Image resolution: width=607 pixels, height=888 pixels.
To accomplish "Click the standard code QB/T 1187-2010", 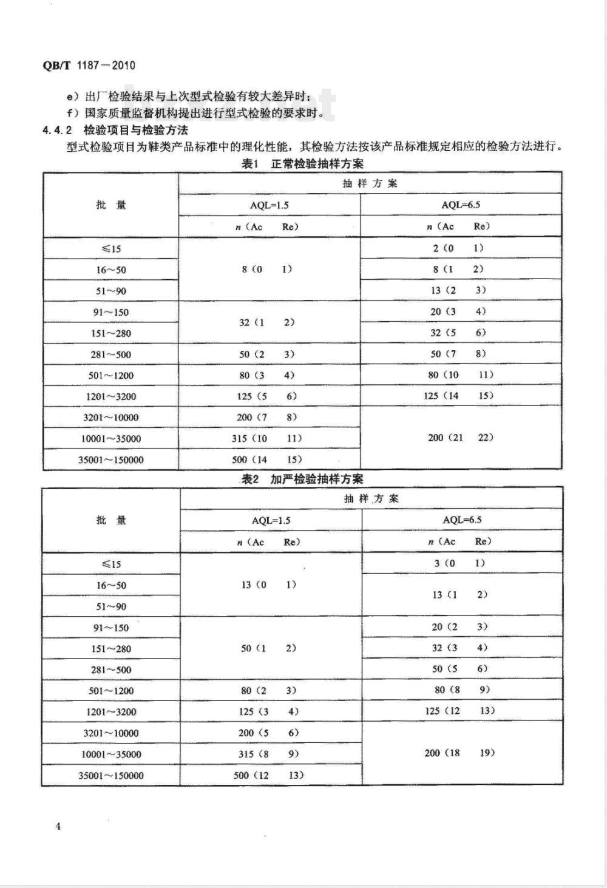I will [89, 66].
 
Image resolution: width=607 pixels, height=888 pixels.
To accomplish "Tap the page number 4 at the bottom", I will [58, 826].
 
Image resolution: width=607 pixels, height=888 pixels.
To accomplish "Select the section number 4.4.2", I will [58, 130].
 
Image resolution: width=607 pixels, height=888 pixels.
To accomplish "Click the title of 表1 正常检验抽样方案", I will [302, 164].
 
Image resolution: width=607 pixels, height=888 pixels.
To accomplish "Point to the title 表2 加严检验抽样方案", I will [302, 479].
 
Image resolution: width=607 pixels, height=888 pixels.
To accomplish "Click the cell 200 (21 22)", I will [460, 438].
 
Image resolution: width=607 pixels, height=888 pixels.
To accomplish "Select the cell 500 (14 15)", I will [266, 459].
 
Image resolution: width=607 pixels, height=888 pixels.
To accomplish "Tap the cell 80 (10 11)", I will [460, 375].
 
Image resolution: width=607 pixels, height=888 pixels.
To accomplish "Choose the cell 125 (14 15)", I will [459, 396].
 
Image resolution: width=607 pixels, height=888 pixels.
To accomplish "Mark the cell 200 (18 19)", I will [459, 753].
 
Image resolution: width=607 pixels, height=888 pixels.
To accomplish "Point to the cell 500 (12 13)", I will [268, 775].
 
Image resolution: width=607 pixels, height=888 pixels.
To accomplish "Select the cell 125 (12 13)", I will [459, 711].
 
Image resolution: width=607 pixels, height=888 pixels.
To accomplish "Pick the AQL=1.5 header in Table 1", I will [270, 205].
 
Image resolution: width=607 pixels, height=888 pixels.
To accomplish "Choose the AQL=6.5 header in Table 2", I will [462, 520].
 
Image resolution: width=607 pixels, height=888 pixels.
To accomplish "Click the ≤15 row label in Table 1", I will [111, 249].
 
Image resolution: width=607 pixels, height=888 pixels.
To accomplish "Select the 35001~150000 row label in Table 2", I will [111, 776].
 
